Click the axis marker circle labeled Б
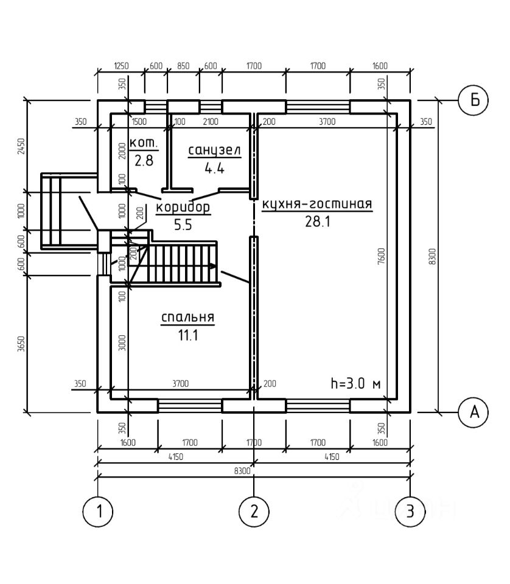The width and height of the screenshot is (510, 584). point(473,100)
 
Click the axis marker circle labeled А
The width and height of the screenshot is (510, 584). point(473,412)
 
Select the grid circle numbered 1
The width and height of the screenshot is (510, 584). point(97,512)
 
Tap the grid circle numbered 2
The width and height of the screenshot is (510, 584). point(254,512)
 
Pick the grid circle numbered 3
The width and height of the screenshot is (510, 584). point(410,512)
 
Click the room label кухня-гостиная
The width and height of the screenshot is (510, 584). point(317,204)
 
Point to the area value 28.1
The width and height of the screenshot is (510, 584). point(318,221)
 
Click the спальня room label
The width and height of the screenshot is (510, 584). point(188,318)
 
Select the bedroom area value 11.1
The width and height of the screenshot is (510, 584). point(188,335)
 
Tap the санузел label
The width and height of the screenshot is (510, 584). point(215,150)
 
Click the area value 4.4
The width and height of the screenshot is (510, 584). point(215,169)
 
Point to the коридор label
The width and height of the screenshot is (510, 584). point(183,207)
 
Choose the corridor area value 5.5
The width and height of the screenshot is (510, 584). point(183,225)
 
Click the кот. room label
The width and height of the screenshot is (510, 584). point(144,142)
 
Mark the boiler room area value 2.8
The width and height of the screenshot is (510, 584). point(144,161)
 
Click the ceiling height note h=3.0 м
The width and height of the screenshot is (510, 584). point(356,383)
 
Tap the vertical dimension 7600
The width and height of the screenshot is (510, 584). point(381,256)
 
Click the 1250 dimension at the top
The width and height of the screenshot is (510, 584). point(121,66)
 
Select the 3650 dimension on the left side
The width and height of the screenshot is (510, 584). point(21,344)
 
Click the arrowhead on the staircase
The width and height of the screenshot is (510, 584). point(212,266)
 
